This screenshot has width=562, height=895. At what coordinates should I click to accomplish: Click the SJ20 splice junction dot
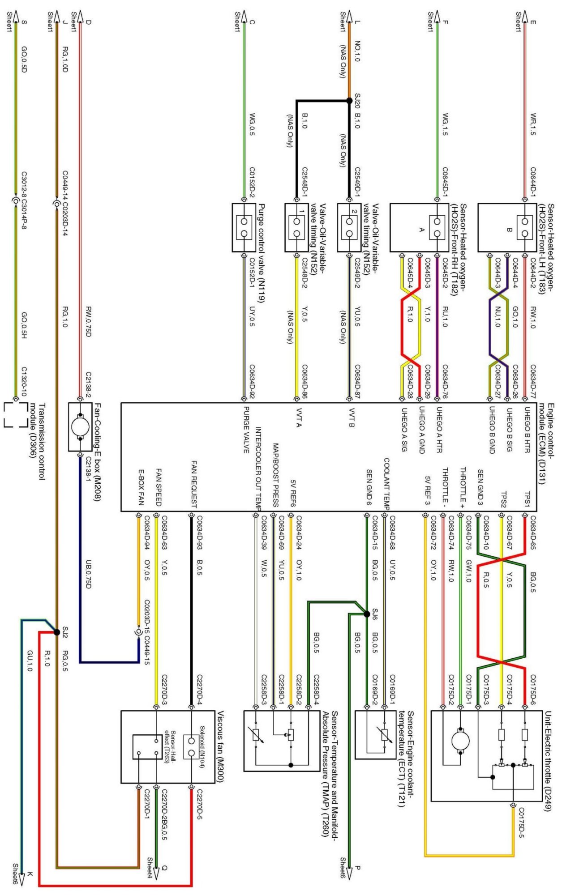click(x=349, y=101)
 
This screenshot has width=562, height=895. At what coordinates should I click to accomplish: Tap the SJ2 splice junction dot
click(x=56, y=632)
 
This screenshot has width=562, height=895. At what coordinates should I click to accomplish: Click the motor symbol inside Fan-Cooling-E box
click(x=80, y=426)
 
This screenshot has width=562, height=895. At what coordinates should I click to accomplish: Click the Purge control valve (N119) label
click(x=262, y=253)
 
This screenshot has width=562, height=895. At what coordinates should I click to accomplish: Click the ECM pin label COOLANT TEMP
click(x=386, y=483)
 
